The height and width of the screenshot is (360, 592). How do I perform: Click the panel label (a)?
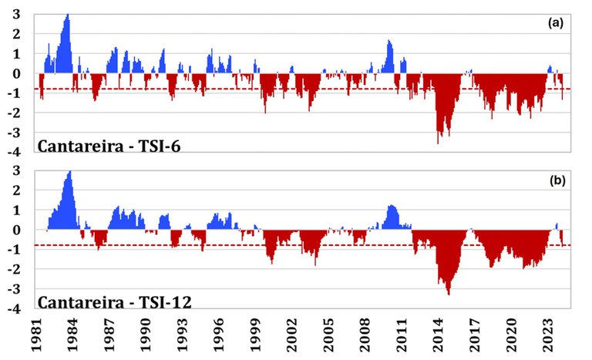555,24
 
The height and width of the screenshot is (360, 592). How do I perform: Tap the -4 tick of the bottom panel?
15,310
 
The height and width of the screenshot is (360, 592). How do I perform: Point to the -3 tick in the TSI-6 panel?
15,133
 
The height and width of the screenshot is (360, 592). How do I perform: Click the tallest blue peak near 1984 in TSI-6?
68,15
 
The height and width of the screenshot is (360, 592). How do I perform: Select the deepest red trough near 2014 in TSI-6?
438,143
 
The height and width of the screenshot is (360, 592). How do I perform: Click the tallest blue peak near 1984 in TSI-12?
70,172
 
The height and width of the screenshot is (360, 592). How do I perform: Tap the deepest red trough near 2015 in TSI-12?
449,294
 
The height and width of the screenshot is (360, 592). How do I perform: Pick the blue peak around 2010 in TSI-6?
389,41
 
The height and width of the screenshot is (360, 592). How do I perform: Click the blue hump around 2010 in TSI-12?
392,207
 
